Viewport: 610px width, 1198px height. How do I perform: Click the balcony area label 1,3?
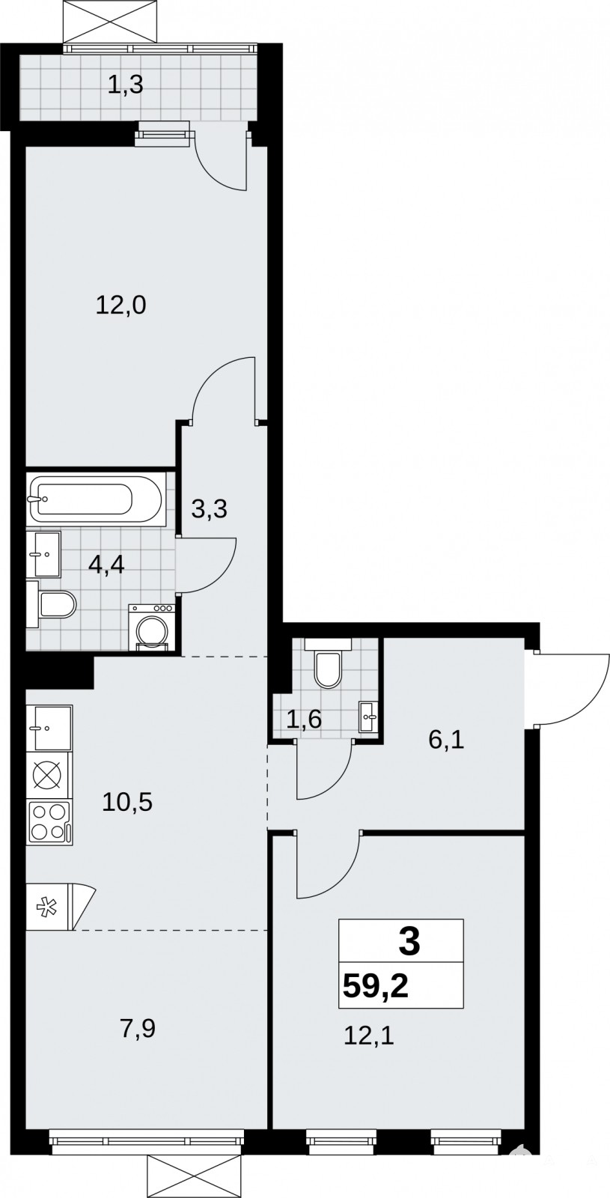pyautogui.click(x=126, y=85)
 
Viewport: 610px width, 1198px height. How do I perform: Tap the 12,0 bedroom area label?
pyautogui.click(x=121, y=305)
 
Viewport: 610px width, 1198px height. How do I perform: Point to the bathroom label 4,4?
pyautogui.click(x=106, y=564)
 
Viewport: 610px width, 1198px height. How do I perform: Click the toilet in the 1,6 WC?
pyautogui.click(x=328, y=663)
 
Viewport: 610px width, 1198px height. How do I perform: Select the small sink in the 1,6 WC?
pyautogui.click(x=368, y=717)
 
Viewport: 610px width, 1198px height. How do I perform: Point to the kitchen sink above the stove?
pyautogui.click(x=49, y=727)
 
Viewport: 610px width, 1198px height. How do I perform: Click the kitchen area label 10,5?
pyautogui.click(x=127, y=802)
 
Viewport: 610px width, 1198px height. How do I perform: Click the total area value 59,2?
pyautogui.click(x=376, y=985)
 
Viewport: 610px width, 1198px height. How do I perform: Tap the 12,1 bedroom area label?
pyautogui.click(x=369, y=1036)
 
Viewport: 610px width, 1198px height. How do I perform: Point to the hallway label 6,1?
pyautogui.click(x=446, y=740)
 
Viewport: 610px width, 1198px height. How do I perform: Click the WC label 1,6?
pyautogui.click(x=304, y=720)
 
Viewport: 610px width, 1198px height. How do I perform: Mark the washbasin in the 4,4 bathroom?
pyautogui.click(x=44, y=554)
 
